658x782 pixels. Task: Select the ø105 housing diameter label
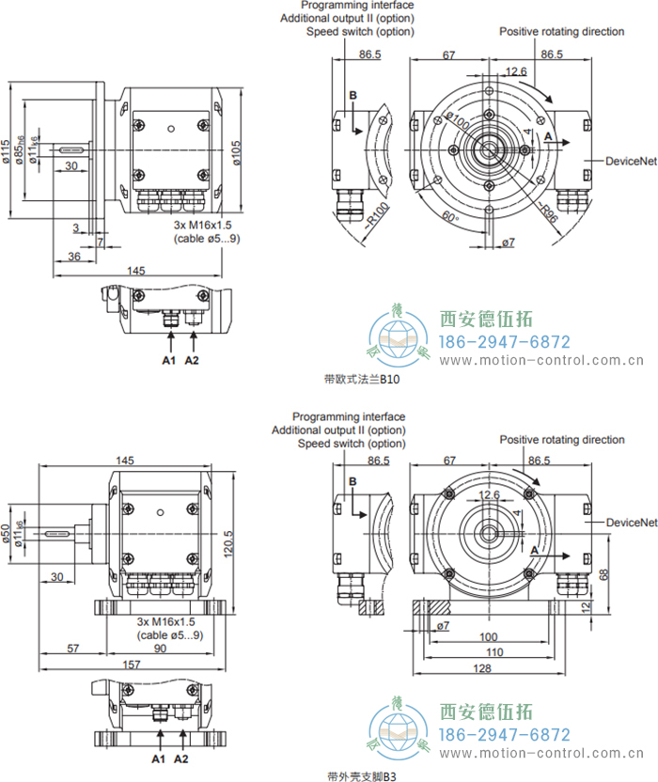[x=237, y=152]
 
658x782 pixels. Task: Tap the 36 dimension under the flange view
[x=74, y=257]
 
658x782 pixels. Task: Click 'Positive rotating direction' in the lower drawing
[x=561, y=439]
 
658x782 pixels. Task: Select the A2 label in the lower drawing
[x=181, y=758]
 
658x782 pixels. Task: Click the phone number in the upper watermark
[x=506, y=341]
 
